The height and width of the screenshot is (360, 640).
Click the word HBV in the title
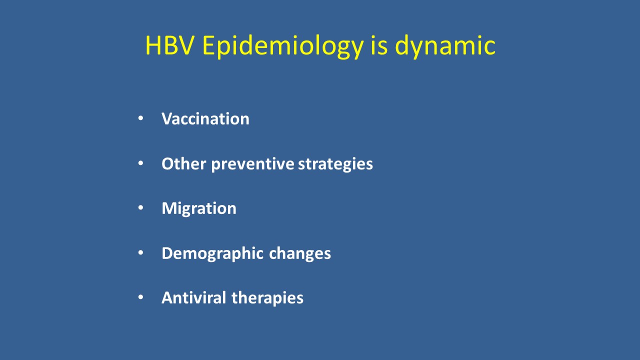(169, 45)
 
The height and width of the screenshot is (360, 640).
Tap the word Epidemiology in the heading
(283, 47)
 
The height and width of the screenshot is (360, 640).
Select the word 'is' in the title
(379, 45)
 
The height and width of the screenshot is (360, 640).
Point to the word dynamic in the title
(445, 47)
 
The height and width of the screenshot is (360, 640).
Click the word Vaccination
(205, 118)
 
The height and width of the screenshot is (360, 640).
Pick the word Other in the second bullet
(183, 163)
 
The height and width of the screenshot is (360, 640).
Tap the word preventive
(252, 165)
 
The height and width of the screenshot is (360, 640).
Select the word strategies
(335, 165)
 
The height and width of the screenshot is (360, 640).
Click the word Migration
(199, 209)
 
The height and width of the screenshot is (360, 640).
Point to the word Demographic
(212, 254)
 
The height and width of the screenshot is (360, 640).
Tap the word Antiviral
(194, 297)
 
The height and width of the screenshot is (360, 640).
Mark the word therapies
(267, 299)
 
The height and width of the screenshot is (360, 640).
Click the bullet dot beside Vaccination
(140, 118)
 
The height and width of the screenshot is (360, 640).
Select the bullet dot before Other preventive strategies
(140, 163)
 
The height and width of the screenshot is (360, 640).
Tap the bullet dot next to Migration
(140, 207)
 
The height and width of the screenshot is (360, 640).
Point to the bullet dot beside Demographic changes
(140, 252)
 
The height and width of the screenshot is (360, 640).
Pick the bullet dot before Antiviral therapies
(140, 297)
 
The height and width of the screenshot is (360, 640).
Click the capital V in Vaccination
(167, 118)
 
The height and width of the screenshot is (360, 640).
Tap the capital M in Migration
(170, 208)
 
